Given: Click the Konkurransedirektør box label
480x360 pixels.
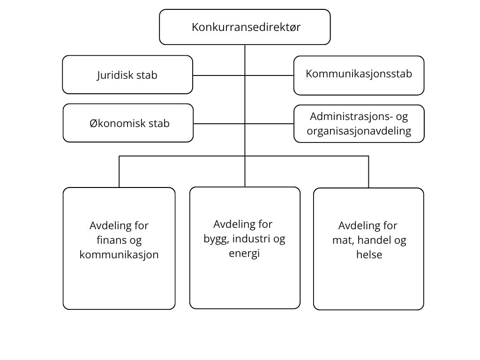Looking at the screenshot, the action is [x=246, y=27].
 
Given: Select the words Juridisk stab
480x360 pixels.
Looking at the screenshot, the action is [x=127, y=75].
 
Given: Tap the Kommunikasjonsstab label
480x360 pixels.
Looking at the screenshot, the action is [x=359, y=74].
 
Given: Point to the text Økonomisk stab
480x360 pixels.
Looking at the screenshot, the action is [x=129, y=123].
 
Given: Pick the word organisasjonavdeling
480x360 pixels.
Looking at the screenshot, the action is [x=359, y=131].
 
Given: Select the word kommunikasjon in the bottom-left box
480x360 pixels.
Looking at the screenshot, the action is [x=119, y=255].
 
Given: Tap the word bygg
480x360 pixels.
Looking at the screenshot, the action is [x=216, y=239].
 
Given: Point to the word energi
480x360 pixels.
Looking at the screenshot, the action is [x=244, y=254].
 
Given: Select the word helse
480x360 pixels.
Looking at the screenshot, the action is [x=369, y=255].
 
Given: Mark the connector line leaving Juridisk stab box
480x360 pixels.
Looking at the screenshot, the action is [x=219, y=75].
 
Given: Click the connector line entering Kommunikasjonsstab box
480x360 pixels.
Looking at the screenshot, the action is [x=270, y=75].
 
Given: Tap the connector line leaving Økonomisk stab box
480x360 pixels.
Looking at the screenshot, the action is [x=219, y=124].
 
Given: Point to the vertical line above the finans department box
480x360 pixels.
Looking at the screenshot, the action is [x=119, y=172].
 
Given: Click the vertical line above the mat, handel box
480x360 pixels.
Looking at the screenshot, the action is [x=368, y=172].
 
